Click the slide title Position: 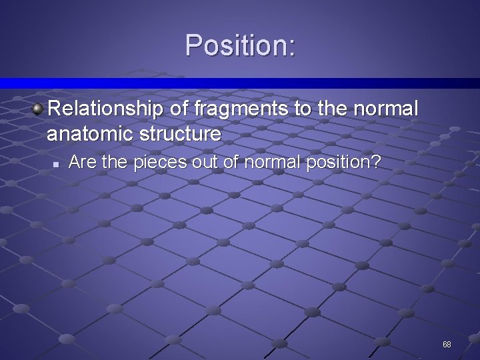coord(240,45)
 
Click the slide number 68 coord(447,345)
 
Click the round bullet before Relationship coord(39,107)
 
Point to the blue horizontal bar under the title coord(240,83)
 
